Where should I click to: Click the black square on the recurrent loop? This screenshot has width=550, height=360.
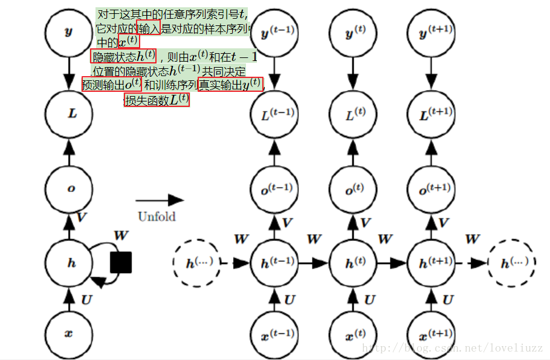point(121,262)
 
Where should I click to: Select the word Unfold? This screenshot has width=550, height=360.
point(157,216)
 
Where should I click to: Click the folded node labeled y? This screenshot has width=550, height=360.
point(69,32)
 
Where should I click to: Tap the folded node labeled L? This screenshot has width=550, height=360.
point(69,112)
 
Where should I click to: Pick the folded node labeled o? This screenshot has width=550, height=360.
point(69,188)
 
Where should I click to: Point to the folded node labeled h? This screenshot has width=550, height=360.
point(69,263)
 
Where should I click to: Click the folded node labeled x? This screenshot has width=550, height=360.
point(69,333)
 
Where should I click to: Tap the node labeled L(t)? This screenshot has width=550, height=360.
point(353,112)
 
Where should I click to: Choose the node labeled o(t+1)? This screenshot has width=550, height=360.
point(432,188)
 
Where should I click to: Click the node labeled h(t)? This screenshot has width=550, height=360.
point(353,263)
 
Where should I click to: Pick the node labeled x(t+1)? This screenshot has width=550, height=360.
point(432,333)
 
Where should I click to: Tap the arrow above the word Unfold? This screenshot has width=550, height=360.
point(160,200)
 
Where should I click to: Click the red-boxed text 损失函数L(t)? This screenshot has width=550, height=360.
point(157,100)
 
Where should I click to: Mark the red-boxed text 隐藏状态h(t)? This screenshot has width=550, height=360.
point(123,56)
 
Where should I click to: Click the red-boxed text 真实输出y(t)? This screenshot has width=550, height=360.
point(230,85)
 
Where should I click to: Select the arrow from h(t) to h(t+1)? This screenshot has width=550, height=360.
point(392,263)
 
